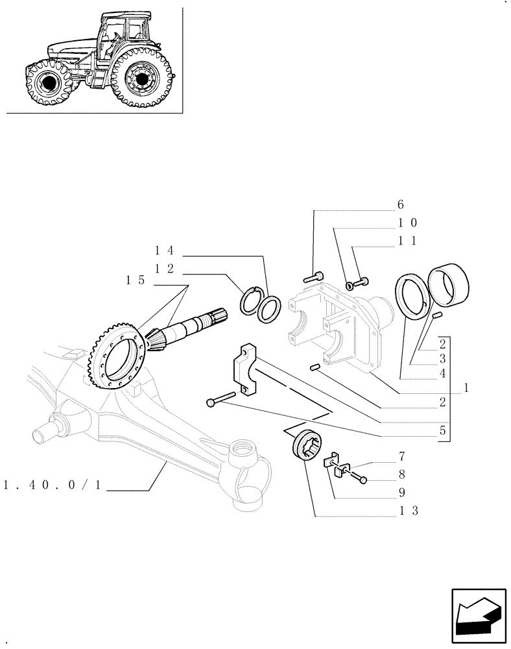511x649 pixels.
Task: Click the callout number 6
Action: tap(400, 204)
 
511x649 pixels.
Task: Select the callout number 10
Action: tap(407, 223)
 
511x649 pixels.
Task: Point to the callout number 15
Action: tap(136, 280)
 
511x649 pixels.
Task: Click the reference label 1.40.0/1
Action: tap(53, 485)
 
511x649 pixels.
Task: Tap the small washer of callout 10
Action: tap(350, 284)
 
